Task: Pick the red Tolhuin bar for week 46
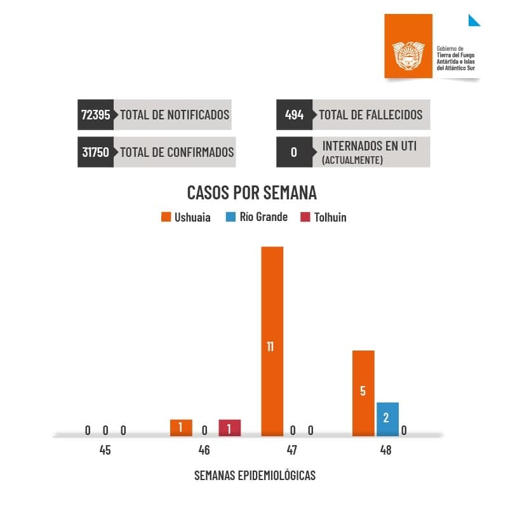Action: pyautogui.click(x=229, y=428)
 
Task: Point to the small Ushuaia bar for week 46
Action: pyautogui.click(x=181, y=428)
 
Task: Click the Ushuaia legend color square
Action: pyautogui.click(x=166, y=217)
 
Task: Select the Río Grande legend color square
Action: pyautogui.click(x=230, y=217)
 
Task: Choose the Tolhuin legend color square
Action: pyautogui.click(x=305, y=217)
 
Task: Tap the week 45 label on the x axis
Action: pyautogui.click(x=105, y=451)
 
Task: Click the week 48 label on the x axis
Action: pyautogui.click(x=385, y=451)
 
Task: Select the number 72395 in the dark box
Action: pyautogui.click(x=96, y=115)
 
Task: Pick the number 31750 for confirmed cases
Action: pyautogui.click(x=96, y=152)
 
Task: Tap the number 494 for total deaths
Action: pyautogui.click(x=294, y=115)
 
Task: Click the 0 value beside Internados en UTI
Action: pyautogui.click(x=293, y=152)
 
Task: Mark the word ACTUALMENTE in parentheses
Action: pyautogui.click(x=352, y=161)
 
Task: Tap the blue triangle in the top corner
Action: pyautogui.click(x=473, y=20)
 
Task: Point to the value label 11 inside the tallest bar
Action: pyautogui.click(x=271, y=347)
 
